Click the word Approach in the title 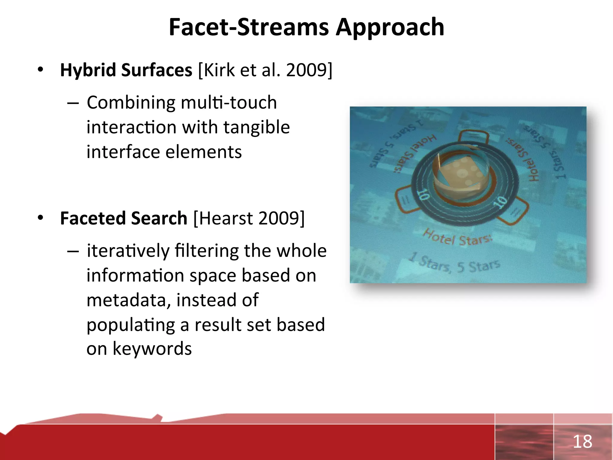(x=390, y=28)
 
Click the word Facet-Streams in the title (x=249, y=28)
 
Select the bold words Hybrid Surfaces (x=126, y=70)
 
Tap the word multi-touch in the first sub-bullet (x=229, y=102)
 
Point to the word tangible (x=257, y=127)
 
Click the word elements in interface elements (x=204, y=152)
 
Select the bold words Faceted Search (x=124, y=218)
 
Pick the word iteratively (x=128, y=251)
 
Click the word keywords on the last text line (x=152, y=349)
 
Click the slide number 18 (x=582, y=442)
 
